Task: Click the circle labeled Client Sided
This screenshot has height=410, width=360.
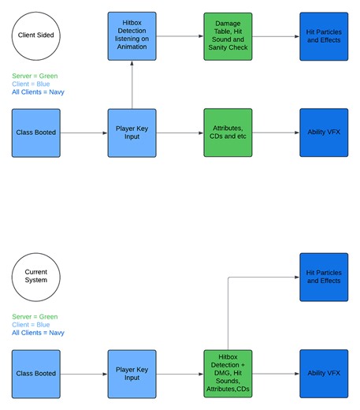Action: tap(35, 35)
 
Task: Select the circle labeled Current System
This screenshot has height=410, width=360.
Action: tap(35, 276)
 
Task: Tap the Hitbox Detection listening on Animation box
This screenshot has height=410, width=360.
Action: tap(132, 36)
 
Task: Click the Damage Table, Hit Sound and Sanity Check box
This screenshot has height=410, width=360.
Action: tap(228, 36)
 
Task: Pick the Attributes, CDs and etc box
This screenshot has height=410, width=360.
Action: tap(228, 132)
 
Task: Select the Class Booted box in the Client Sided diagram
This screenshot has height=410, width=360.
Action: tap(36, 132)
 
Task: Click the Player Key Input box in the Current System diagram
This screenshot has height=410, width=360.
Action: tap(132, 374)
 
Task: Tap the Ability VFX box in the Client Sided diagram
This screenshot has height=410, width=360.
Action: tap(324, 132)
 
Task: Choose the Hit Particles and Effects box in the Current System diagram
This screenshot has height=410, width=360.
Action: tap(324, 277)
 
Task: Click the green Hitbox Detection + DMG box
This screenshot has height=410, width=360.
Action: tap(228, 374)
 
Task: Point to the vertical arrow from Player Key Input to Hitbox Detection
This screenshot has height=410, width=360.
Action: tap(132, 84)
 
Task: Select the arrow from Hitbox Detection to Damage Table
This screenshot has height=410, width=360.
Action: tap(180, 36)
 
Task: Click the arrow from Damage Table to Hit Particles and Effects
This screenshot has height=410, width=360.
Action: tap(276, 36)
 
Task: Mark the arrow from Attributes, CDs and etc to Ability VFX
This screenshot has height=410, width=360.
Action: tap(276, 132)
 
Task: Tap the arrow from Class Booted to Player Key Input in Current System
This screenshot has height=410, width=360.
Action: tap(84, 374)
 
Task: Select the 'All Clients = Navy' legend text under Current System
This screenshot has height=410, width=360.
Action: tap(39, 333)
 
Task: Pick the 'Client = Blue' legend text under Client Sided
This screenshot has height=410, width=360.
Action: tap(31, 84)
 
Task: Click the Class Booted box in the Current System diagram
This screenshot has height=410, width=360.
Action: tap(36, 374)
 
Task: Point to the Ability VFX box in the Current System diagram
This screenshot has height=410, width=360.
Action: tap(324, 374)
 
